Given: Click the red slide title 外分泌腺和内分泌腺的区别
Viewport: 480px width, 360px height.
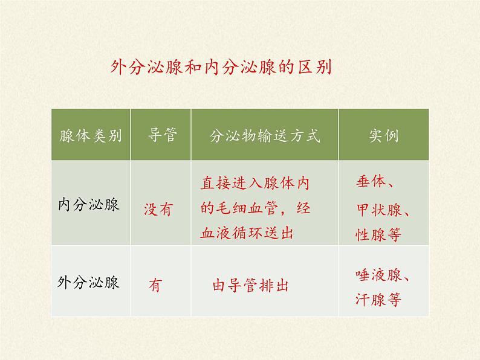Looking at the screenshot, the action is pyautogui.click(x=221, y=66).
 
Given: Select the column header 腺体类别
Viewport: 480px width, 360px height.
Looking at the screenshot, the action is pyautogui.click(x=91, y=135).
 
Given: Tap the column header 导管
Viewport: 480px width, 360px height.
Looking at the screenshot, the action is pyautogui.click(x=162, y=135).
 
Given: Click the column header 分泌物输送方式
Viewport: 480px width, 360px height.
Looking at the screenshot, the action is pyautogui.click(x=265, y=136).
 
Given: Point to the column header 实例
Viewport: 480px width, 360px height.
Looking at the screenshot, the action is pyautogui.click(x=384, y=135).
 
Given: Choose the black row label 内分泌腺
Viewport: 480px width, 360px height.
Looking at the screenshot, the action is pyautogui.click(x=88, y=205).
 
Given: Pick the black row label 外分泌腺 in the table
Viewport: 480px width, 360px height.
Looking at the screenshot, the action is pyautogui.click(x=88, y=282).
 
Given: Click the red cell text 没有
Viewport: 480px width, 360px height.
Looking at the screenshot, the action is pyautogui.click(x=158, y=210).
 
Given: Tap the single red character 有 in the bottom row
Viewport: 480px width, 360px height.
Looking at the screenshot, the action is pyautogui.click(x=155, y=285).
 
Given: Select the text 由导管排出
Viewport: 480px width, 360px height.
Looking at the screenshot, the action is pyautogui.click(x=250, y=285).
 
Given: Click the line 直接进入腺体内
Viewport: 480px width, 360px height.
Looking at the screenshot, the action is pyautogui.click(x=255, y=183).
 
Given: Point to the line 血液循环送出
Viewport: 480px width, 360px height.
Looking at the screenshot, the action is pyautogui.click(x=247, y=233).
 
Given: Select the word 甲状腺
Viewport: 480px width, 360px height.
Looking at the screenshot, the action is pyautogui.click(x=379, y=210).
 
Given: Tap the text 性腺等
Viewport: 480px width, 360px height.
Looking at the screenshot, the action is pyautogui.click(x=378, y=234).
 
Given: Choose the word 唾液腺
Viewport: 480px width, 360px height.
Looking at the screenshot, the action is pyautogui.click(x=378, y=275).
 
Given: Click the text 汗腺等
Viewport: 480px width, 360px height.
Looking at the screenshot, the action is pyautogui.click(x=378, y=299).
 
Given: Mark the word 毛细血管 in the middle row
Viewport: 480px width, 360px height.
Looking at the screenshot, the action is pyautogui.click(x=247, y=208).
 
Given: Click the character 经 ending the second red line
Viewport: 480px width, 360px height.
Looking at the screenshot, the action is pyautogui.click(x=303, y=208).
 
